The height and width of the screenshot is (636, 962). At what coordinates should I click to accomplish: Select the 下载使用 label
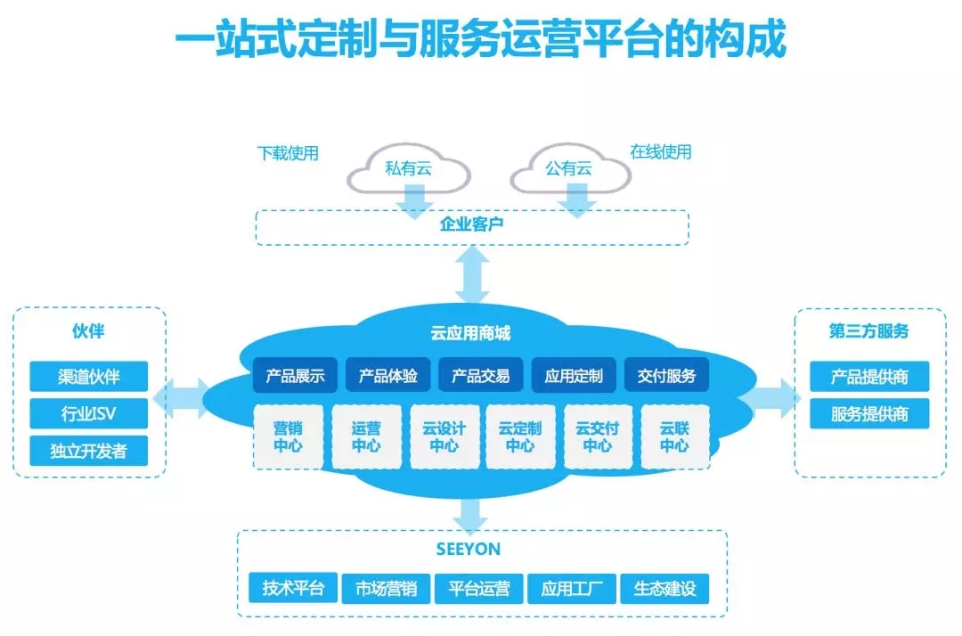[288, 152]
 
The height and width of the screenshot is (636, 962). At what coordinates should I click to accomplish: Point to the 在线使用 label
[661, 151]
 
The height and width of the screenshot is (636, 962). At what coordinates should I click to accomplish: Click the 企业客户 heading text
[472, 224]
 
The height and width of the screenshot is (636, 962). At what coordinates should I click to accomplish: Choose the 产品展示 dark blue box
[295, 375]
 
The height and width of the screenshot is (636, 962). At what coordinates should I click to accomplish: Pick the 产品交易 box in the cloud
[481, 375]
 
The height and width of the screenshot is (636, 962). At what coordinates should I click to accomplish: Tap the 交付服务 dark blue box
[667, 375]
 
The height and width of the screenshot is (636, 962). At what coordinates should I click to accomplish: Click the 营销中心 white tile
[288, 436]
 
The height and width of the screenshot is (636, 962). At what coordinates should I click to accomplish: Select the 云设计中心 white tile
[444, 436]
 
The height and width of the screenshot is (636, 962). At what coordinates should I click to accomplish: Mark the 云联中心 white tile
[675, 436]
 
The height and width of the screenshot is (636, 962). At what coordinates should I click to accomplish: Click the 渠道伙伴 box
[89, 376]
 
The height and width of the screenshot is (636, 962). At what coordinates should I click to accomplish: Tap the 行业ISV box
[89, 413]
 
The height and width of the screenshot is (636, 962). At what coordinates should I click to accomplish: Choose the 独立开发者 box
[89, 451]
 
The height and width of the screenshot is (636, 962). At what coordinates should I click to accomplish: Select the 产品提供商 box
[869, 376]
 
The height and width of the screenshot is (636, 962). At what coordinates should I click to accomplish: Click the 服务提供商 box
[869, 413]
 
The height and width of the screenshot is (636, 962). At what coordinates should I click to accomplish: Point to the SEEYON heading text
[469, 549]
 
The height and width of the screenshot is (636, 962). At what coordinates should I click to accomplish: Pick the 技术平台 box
[293, 588]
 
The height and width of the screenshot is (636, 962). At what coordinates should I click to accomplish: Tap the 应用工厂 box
[572, 588]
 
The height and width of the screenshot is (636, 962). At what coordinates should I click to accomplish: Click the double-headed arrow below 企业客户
[472, 274]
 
